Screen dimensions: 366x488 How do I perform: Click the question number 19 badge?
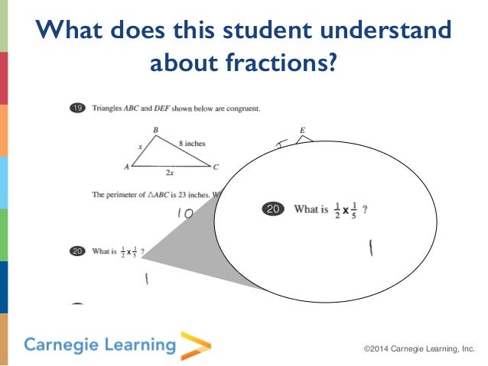tap(78, 109)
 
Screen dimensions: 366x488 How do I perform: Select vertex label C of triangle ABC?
tap(216, 167)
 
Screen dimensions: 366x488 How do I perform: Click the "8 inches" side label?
tap(192, 143)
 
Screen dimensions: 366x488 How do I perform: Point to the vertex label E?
tap(302, 131)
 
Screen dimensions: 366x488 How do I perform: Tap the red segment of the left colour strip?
tap(4, 79)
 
